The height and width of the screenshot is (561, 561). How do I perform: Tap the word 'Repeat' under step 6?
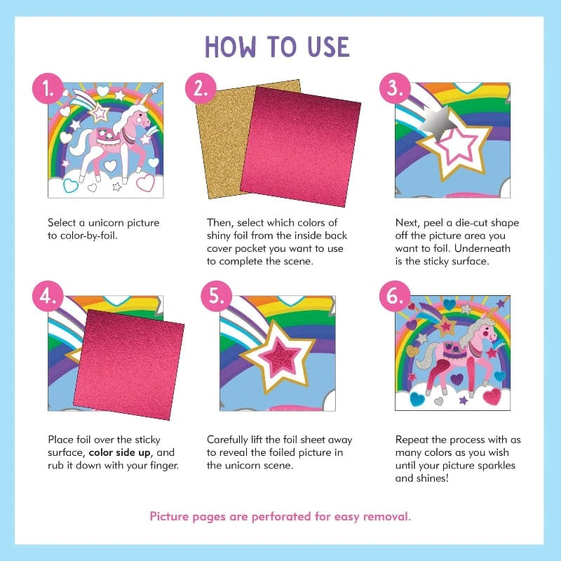point(412,440)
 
